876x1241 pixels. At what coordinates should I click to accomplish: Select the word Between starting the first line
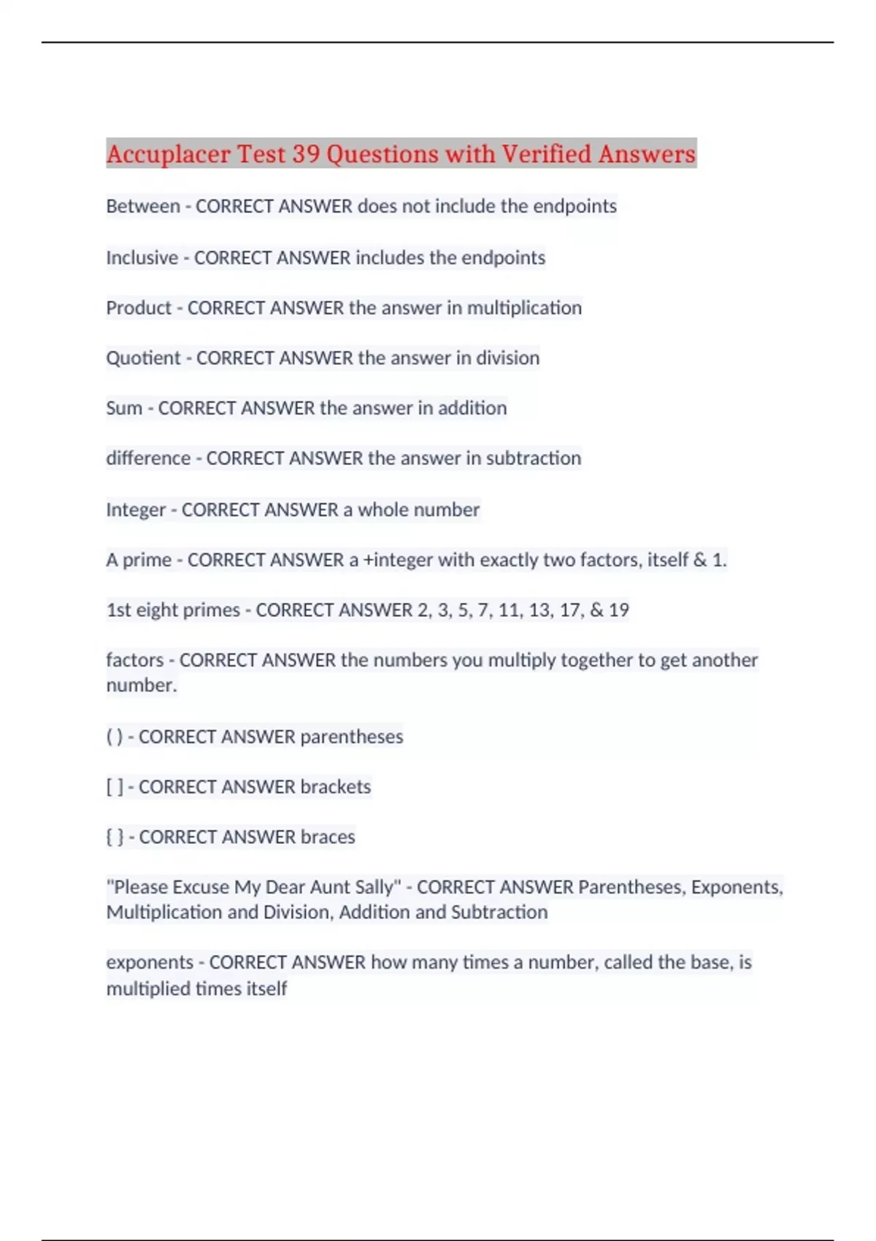coord(143,207)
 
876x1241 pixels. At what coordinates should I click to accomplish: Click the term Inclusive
coord(142,258)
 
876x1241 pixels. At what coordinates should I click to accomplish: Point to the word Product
coord(139,308)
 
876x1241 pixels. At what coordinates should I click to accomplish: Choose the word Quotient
coord(143,358)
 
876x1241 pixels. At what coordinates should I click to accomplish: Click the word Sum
coord(124,408)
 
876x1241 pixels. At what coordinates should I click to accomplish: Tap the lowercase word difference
coord(148,458)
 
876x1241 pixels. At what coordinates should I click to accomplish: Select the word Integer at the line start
coord(136,510)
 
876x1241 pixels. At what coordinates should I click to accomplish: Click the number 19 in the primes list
coord(618,610)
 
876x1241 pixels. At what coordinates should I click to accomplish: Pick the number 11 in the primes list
coord(509,610)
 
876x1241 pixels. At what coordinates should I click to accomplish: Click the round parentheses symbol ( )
coord(115,737)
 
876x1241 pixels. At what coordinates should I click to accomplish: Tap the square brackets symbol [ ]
coord(115,787)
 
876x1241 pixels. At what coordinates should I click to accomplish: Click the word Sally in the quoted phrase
coord(378,888)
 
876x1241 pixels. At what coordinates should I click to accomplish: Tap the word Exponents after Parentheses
coord(737,888)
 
